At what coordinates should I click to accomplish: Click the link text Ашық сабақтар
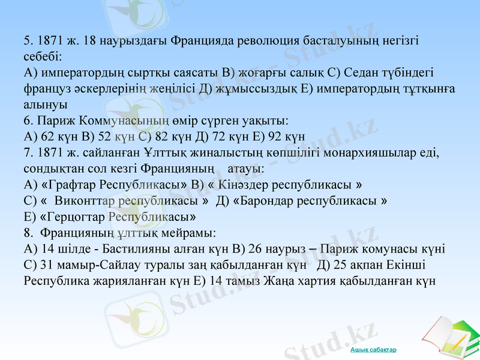coord(373,349)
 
